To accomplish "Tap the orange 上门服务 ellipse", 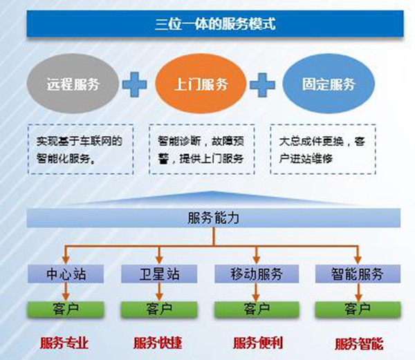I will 200,86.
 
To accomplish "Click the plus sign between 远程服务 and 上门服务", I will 137,85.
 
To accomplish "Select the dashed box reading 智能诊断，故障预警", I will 200,149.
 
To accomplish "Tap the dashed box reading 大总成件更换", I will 323,149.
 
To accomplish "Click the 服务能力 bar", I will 214,218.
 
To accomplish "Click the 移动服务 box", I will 257,274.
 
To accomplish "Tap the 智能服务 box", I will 357,274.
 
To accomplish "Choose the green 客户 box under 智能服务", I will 357,308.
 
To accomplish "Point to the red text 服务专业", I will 65,343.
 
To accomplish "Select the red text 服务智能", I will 358,343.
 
